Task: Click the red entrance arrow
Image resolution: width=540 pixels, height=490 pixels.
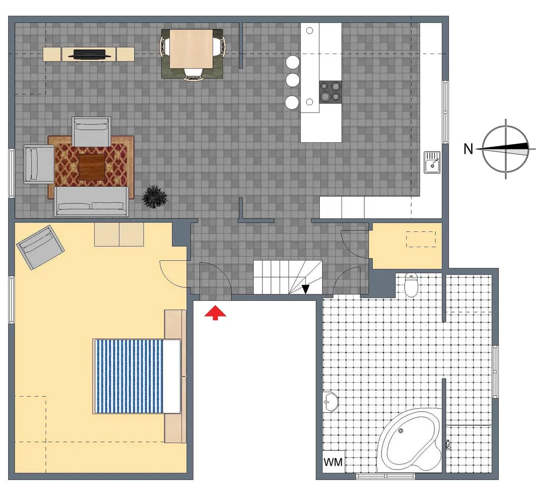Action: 215,313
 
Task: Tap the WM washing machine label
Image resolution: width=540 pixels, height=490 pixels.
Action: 333,462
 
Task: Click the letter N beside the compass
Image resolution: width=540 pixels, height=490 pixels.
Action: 468,149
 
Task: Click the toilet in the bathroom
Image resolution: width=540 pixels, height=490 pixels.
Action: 411,285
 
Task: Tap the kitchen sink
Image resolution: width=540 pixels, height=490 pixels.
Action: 432,162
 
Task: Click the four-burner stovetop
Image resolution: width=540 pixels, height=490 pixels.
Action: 330,92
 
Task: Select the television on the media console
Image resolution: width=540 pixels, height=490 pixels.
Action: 89,54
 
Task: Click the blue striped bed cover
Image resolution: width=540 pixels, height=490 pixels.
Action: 129,376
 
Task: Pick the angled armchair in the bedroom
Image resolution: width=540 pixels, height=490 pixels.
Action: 40,247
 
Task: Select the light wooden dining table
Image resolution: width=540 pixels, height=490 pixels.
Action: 191,49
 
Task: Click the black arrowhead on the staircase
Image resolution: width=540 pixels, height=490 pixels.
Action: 305,289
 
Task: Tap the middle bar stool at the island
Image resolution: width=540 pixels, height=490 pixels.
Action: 292,80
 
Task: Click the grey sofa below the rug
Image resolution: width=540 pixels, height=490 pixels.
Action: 91,202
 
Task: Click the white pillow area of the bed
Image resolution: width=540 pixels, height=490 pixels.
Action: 172,376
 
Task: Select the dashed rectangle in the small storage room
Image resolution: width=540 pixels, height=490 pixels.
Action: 421,239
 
